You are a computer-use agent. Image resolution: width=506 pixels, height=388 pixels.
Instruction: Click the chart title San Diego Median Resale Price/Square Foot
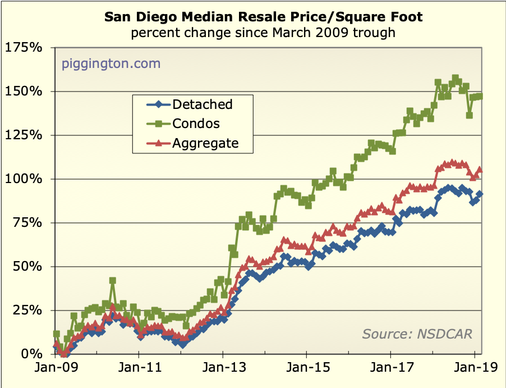click(263, 17)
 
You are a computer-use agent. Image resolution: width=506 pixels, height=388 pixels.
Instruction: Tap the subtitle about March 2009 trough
click(263, 33)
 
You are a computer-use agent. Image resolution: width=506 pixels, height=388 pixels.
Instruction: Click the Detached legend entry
click(203, 104)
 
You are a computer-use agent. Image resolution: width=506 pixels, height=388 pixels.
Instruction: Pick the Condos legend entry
click(196, 124)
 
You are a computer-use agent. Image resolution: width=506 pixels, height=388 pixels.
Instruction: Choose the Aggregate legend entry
click(205, 143)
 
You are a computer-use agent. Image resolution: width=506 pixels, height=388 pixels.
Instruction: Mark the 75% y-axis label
click(27, 222)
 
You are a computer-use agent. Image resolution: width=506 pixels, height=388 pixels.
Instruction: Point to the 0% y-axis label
click(31, 354)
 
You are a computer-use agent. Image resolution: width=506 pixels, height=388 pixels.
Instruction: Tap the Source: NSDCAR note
click(417, 334)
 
